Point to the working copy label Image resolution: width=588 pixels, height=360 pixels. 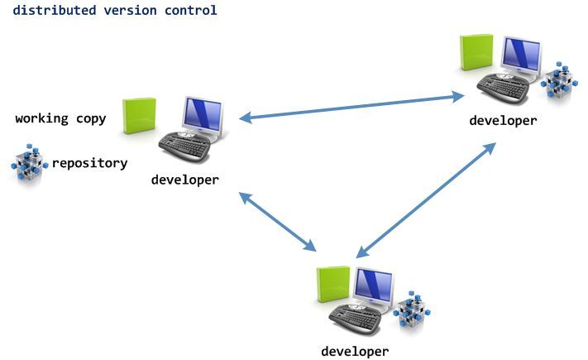pos(60,118)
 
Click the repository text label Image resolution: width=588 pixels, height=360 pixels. pos(89,163)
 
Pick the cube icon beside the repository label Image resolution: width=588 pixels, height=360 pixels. pos(28,163)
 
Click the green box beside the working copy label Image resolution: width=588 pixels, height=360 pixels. pos(139,117)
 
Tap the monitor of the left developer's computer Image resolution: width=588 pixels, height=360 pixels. pos(203,116)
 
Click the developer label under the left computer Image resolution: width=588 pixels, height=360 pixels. pos(184,180)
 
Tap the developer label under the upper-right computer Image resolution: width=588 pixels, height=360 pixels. pos(503,120)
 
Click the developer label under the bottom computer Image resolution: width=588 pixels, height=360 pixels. pos(355,351)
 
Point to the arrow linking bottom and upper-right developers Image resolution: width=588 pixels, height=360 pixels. pos(427,198)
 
